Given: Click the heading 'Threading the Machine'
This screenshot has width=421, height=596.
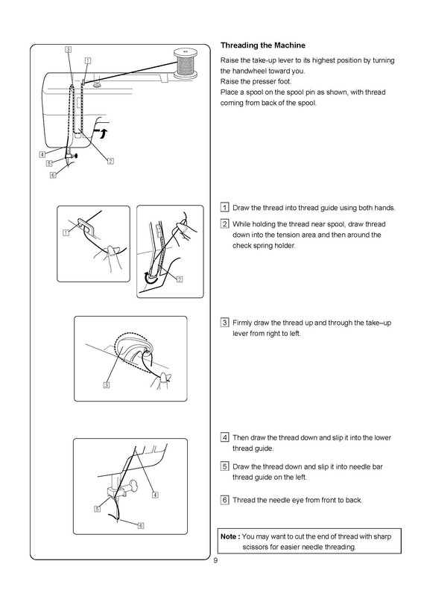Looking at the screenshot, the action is coord(263,45).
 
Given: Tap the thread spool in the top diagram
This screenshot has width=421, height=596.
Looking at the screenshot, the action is coord(185,64).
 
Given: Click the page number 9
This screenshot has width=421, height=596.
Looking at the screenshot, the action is coord(215,561).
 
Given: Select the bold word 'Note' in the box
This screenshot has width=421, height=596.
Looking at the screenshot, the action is coord(229,536).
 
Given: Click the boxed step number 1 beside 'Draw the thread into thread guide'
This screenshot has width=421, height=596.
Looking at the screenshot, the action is coord(225,208).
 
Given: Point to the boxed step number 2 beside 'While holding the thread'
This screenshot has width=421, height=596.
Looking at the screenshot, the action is coord(225,224).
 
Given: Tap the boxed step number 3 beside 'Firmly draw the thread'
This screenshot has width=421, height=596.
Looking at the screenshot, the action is coord(225,323).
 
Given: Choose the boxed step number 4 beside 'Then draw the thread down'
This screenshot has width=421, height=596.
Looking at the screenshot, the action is coord(225,437).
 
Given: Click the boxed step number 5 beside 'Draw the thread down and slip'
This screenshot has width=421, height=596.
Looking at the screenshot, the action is coord(225,466).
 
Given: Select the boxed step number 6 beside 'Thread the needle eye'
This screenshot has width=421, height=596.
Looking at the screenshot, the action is coord(225,500).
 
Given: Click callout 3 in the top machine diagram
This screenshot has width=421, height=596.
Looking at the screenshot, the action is coord(68,49).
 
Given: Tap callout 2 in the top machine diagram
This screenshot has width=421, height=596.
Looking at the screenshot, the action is coord(110,161).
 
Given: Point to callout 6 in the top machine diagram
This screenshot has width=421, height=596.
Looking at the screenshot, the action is coord(53,175).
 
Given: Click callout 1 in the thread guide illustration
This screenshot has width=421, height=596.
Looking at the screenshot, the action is coord(66,232).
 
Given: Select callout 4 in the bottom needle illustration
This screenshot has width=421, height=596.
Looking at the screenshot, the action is coord(155,495).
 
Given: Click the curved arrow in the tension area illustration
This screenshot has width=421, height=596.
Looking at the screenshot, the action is coord(150,280).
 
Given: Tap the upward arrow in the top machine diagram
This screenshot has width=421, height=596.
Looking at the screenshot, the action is coord(102,133).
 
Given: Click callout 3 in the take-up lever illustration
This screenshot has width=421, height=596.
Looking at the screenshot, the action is coord(107,385).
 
